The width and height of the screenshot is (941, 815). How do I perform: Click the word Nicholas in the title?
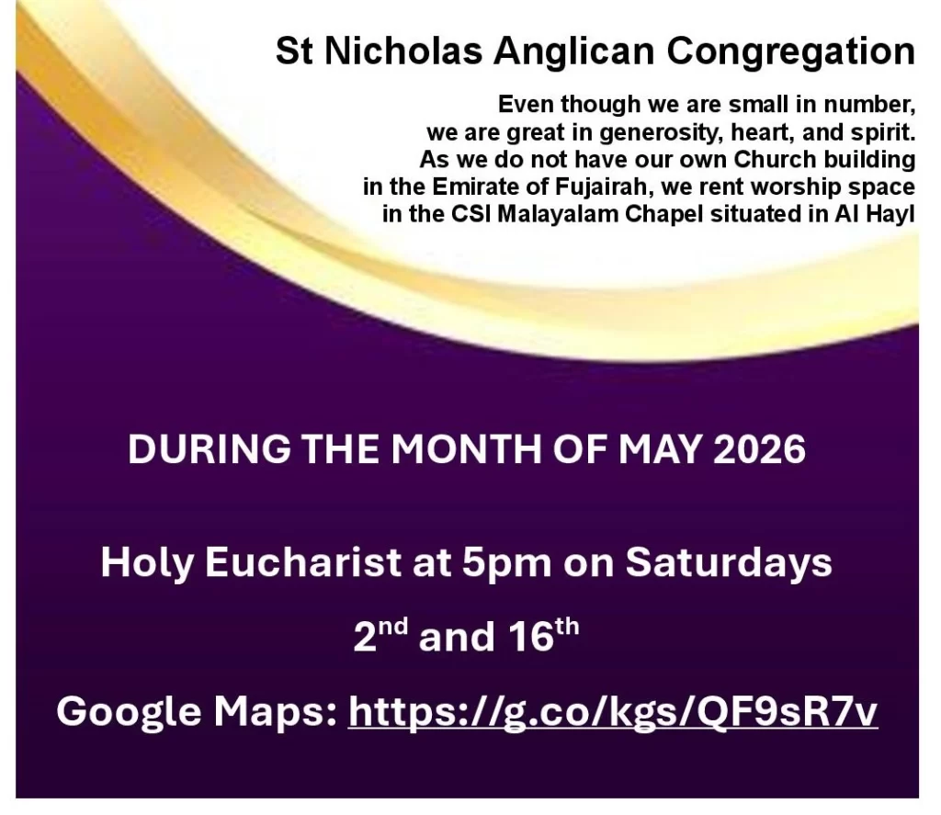[x=403, y=51]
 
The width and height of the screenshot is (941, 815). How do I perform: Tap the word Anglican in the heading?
[x=573, y=52]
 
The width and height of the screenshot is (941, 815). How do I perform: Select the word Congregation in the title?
[x=790, y=52]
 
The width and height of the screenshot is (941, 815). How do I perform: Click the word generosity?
[x=661, y=132]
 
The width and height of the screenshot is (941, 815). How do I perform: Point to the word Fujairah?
[x=604, y=187]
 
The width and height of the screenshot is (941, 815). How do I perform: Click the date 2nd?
[x=380, y=636]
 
